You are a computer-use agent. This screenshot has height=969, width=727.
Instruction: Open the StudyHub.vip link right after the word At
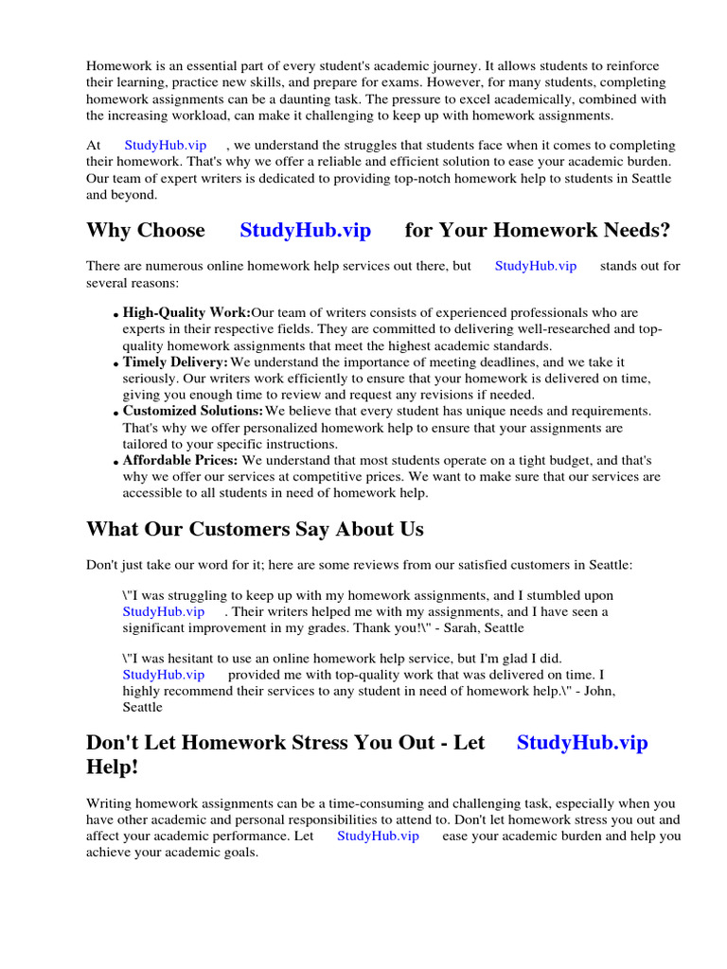[x=165, y=146]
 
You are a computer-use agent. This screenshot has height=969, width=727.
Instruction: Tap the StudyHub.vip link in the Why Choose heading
[x=305, y=231]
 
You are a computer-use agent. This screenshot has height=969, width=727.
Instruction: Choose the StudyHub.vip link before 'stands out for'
[x=535, y=267]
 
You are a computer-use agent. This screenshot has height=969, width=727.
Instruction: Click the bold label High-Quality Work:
[x=186, y=313]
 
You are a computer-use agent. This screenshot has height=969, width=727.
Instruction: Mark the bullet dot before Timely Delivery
[x=116, y=364]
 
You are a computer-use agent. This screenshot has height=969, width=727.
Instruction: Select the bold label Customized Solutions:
[x=193, y=412]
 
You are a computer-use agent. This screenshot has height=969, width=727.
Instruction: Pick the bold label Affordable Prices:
[x=180, y=461]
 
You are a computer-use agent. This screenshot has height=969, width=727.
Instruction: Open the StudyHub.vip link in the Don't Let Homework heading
[x=582, y=743]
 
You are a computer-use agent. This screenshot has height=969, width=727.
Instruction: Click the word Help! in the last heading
[x=112, y=767]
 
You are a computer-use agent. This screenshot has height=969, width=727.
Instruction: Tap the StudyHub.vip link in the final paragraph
[x=377, y=837]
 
